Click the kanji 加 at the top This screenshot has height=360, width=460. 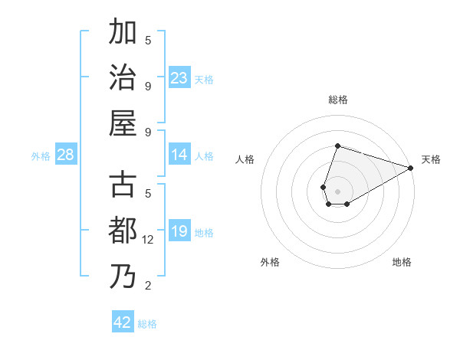[x=123, y=33]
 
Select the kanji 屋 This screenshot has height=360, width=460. [x=123, y=123]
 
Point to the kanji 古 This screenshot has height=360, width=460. [x=123, y=185]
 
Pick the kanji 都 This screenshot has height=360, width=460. [x=123, y=231]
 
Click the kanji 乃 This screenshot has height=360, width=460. [x=123, y=276]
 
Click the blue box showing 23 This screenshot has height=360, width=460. [x=179, y=77]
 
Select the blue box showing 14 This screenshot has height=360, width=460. [x=179, y=154]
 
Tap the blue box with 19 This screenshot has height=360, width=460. [x=179, y=231]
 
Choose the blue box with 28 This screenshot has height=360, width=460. [x=66, y=155]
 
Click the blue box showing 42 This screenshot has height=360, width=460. [x=123, y=322]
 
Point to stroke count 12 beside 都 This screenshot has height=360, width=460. [x=148, y=240]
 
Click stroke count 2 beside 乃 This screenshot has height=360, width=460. [x=148, y=286]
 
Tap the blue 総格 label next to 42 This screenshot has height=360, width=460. [x=147, y=323]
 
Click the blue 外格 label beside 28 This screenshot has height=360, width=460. [x=41, y=155]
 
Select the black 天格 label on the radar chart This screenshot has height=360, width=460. [x=431, y=159]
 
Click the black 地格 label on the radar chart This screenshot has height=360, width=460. [x=402, y=262]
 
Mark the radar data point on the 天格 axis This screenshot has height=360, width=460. [x=411, y=168]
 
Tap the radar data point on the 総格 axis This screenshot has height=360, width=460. [x=337, y=146]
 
